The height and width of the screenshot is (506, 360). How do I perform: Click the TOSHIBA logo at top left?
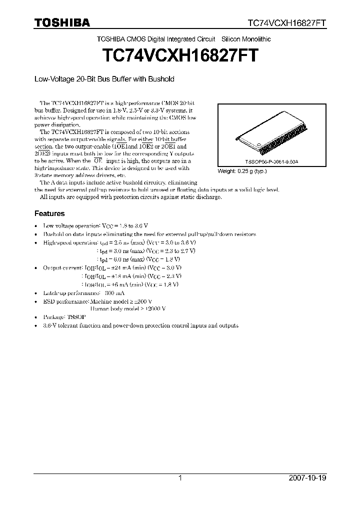(x=62, y=22)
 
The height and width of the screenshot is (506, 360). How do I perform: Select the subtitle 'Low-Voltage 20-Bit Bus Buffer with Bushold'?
(x=103, y=79)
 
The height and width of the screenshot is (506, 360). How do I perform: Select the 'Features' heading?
(x=49, y=213)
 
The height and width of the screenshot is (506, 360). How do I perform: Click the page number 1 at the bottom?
(x=180, y=478)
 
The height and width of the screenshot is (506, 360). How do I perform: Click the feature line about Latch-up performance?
(x=84, y=293)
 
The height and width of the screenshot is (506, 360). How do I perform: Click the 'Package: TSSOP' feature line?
(x=65, y=317)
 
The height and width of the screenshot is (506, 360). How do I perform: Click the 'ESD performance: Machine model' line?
(x=97, y=301)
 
